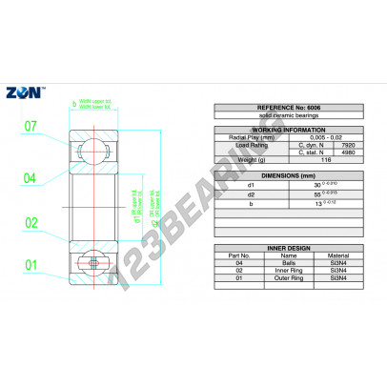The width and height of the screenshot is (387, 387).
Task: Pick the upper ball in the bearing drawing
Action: [x=89, y=149]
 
